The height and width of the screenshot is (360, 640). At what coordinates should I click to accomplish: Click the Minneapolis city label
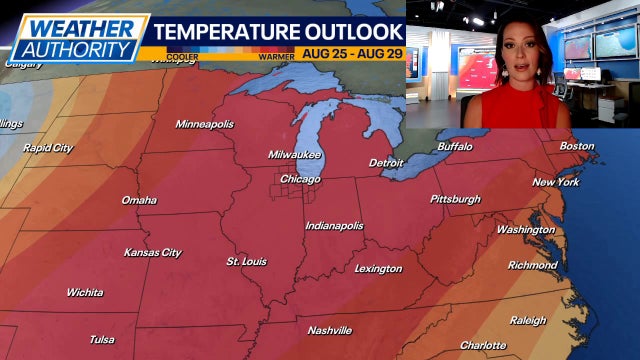204,124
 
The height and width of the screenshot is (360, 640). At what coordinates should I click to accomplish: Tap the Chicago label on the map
300,179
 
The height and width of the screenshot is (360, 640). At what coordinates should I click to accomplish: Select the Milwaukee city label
295,155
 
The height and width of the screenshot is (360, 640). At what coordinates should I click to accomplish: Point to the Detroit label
386,162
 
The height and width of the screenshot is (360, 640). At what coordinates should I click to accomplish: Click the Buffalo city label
455,147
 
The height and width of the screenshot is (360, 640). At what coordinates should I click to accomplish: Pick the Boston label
576,146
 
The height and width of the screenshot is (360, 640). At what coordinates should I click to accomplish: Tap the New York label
556,182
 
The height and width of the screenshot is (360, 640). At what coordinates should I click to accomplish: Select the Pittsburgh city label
455,199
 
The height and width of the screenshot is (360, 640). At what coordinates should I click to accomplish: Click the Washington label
525,230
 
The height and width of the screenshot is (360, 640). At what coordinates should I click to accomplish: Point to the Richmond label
532,265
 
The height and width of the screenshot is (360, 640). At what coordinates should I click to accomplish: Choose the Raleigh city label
527,321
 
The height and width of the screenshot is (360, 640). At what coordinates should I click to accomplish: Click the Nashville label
330,330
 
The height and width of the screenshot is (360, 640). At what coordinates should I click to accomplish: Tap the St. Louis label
247,261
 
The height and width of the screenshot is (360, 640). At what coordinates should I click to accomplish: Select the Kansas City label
153,253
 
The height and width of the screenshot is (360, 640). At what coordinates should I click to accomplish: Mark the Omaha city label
139,200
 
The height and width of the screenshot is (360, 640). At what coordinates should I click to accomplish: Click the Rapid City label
49,148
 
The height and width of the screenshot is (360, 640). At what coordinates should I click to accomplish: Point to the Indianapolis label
334,226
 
